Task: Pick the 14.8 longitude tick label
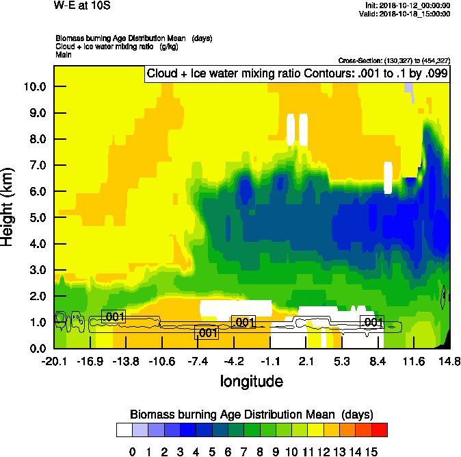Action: pos(449,361)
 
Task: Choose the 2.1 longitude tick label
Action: pos(306,361)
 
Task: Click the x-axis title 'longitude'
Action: pos(251,380)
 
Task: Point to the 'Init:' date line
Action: pos(408,5)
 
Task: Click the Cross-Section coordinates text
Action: pos(394,60)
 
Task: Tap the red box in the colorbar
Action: pos(380,430)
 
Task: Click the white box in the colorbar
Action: pos(124,430)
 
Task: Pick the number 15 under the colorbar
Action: pos(371,452)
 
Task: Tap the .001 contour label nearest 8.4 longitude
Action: pos(373,322)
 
